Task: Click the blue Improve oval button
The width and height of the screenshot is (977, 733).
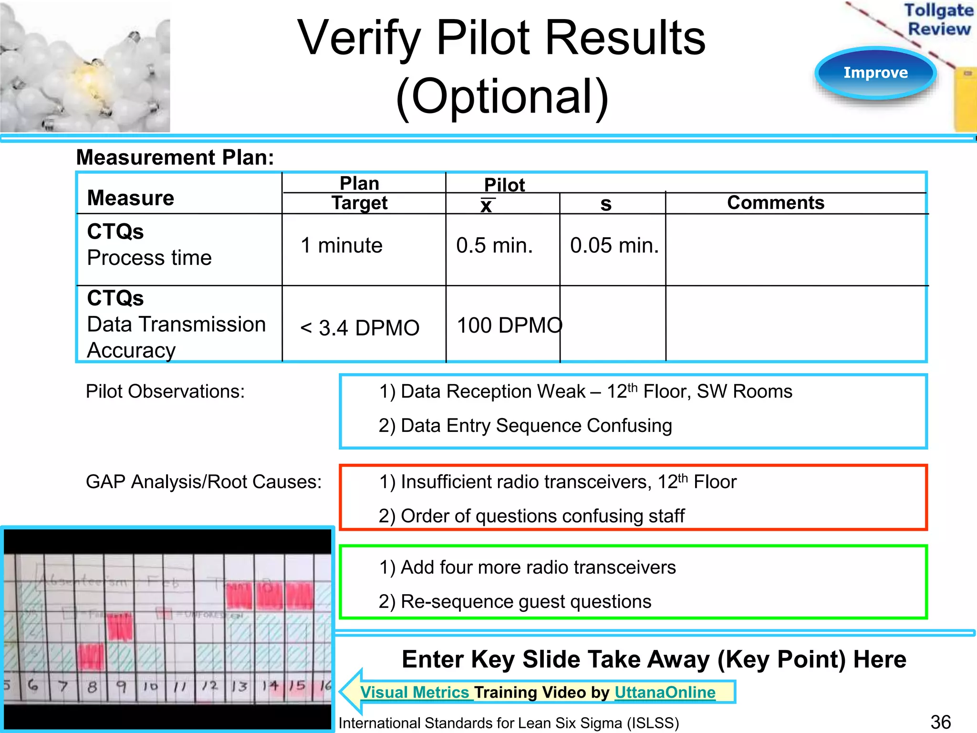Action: [x=875, y=73]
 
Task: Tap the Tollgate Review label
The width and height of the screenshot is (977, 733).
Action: [x=938, y=20]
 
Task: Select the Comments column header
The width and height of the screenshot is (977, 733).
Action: [x=775, y=203]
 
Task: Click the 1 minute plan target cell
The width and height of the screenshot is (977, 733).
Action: [x=342, y=246]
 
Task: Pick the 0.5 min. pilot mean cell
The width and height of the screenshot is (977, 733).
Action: [x=494, y=246]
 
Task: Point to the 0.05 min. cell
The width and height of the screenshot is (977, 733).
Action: [x=614, y=246]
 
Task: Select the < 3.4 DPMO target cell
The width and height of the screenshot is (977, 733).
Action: [x=359, y=328]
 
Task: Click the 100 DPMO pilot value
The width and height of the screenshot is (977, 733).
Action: [x=509, y=326]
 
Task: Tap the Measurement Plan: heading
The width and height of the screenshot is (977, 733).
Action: [x=175, y=157]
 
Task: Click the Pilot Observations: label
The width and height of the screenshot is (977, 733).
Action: [x=165, y=392]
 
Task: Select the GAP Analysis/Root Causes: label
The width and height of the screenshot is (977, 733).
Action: [x=204, y=482]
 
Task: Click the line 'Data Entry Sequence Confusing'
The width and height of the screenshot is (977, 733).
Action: [x=525, y=426]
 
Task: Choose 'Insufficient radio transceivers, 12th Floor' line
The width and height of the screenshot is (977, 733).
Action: [x=557, y=482]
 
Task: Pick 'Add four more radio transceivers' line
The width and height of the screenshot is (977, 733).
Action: [x=527, y=567]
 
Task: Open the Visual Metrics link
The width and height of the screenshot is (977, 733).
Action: [x=415, y=692]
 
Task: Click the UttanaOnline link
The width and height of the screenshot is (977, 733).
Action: [x=665, y=692]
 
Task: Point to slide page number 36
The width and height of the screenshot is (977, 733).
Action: [x=940, y=722]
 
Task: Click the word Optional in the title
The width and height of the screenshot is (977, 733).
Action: [x=502, y=97]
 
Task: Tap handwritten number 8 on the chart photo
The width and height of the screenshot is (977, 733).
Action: [x=92, y=687]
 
